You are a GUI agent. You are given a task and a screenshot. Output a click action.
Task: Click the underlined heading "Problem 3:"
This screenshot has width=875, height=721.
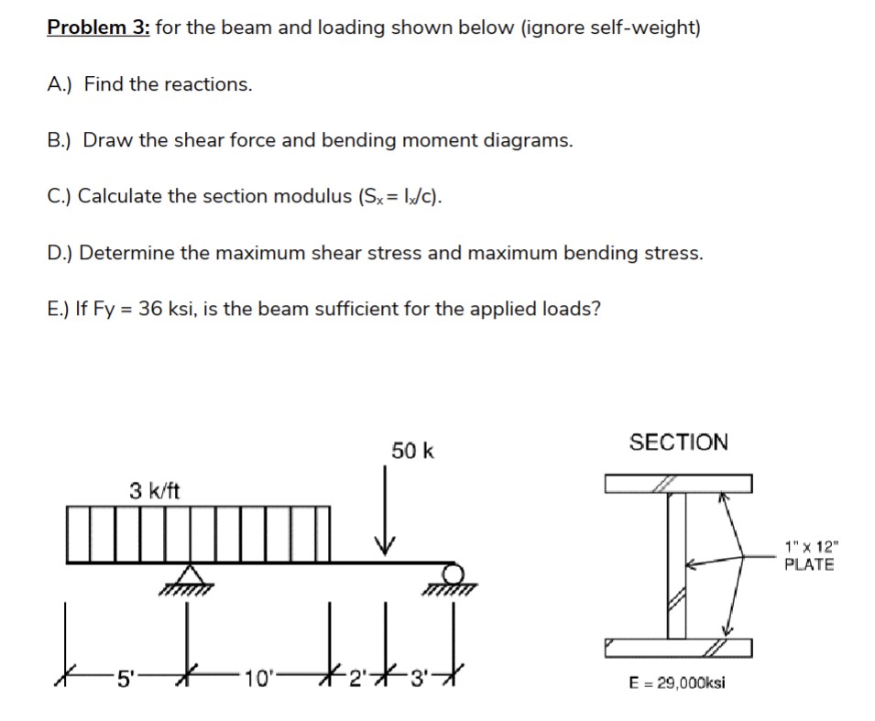click(x=98, y=27)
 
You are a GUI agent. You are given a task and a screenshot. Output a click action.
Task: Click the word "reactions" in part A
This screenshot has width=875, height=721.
click(x=212, y=84)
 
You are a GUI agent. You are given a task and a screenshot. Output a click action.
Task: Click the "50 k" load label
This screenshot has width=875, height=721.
click(x=412, y=451)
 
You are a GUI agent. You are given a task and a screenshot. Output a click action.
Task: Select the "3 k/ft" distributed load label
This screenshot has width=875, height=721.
click(x=154, y=491)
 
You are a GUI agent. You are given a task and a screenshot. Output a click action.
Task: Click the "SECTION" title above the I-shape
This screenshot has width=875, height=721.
click(x=678, y=442)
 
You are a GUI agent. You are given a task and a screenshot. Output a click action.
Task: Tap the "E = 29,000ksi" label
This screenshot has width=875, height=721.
click(x=678, y=684)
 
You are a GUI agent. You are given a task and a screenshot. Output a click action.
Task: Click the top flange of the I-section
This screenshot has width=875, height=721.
click(x=678, y=483)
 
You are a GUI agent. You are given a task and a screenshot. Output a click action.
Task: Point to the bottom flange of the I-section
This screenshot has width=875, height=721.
click(x=678, y=650)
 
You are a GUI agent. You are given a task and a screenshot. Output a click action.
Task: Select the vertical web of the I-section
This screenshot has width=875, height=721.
click(x=677, y=566)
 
